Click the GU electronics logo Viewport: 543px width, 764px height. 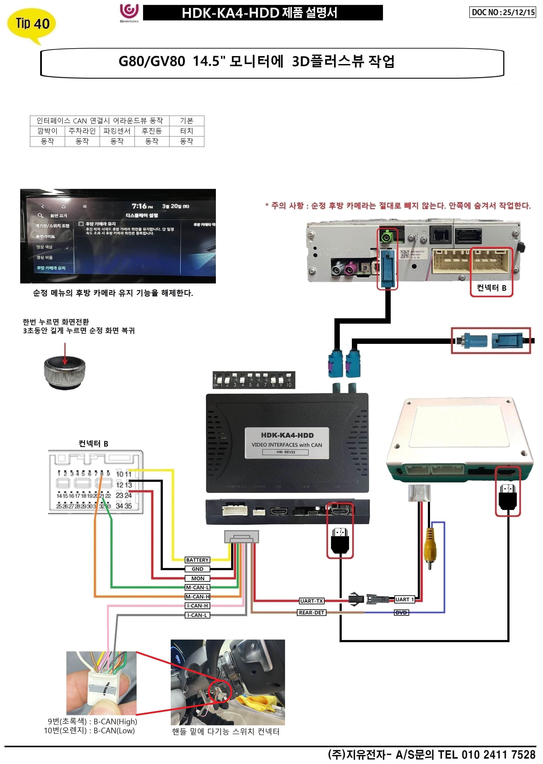tap(129, 13)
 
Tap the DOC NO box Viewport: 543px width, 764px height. tap(502, 12)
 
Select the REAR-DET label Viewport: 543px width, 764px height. tap(311, 612)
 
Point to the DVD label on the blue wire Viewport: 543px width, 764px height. tap(401, 612)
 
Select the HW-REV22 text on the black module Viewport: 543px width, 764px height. tap(285, 452)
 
